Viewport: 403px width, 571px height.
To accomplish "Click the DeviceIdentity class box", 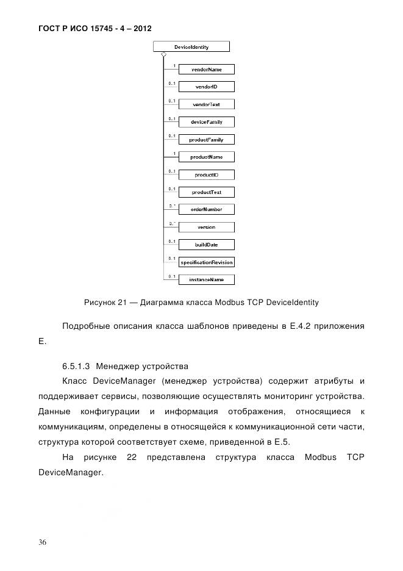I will (x=191, y=46).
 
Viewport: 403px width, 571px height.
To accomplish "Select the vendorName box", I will (x=206, y=70).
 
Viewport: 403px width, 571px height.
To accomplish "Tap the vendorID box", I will (x=206, y=87).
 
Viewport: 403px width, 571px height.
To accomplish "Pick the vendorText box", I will (x=206, y=105).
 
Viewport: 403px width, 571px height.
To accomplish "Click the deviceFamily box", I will (x=206, y=122).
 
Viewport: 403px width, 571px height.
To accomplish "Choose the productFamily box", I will (x=206, y=140).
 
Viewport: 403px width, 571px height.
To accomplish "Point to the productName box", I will (x=206, y=157).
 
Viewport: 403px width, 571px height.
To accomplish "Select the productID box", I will (x=206, y=174).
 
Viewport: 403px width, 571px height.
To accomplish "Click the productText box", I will (x=206, y=192).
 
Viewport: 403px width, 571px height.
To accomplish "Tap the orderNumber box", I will (x=206, y=209).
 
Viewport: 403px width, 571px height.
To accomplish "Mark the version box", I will (x=206, y=227).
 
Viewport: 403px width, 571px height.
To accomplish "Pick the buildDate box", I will (x=206, y=245).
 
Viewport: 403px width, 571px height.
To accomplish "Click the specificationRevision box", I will (x=206, y=262).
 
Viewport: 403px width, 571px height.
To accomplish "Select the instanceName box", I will (x=206, y=279).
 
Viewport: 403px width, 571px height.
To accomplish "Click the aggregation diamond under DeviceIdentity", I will (x=163, y=55).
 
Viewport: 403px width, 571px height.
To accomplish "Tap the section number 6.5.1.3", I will (x=76, y=367).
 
